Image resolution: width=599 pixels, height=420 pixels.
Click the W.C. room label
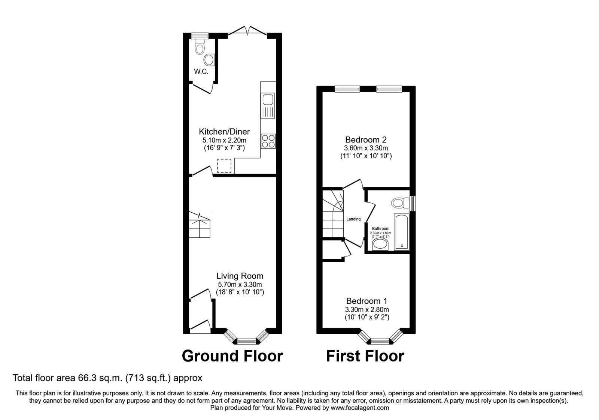201,72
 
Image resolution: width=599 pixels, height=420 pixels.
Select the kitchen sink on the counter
268,100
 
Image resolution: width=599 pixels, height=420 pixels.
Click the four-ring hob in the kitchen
268,141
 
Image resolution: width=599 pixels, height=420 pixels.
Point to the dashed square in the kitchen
225,165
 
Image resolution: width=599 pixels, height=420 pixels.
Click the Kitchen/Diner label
224,132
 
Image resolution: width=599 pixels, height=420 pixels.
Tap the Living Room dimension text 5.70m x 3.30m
240,284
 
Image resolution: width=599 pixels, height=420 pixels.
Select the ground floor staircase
199,225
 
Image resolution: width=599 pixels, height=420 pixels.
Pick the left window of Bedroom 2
347,89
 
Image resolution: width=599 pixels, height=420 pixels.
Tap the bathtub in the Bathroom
401,232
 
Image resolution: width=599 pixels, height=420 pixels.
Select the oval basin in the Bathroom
381,245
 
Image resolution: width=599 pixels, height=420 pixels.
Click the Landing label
353,219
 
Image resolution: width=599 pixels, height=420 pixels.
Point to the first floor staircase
333,214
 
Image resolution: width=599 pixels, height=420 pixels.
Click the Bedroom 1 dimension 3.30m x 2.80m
367,310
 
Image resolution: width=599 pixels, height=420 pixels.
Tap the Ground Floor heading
232,355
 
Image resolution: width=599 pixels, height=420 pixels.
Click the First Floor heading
365,355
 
